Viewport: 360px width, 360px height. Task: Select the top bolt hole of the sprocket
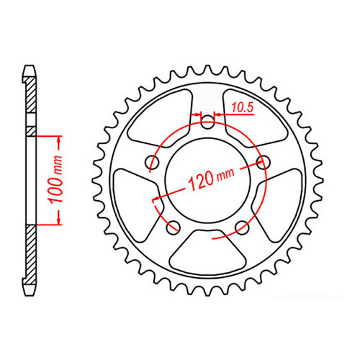click(208, 123)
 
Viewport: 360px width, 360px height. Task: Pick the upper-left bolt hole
click(153, 162)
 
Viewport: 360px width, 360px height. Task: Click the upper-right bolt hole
click(263, 162)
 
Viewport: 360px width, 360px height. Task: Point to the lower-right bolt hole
click(242, 228)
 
